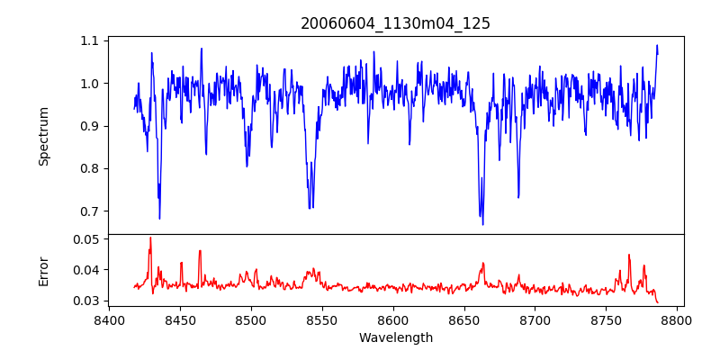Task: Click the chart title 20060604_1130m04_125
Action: click(x=395, y=23)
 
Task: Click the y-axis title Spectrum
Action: click(x=44, y=136)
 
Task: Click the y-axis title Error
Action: click(x=44, y=270)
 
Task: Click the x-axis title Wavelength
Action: click(x=395, y=338)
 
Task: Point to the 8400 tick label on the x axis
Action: click(x=109, y=319)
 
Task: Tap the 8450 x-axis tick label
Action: click(x=180, y=319)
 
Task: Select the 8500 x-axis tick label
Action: click(x=251, y=319)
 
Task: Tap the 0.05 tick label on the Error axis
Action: click(x=86, y=239)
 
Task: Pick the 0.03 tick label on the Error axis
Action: click(x=86, y=301)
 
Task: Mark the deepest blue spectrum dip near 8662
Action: click(x=482, y=224)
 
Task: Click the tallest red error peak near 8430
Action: click(x=150, y=238)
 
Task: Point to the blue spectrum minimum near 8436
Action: click(x=159, y=219)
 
